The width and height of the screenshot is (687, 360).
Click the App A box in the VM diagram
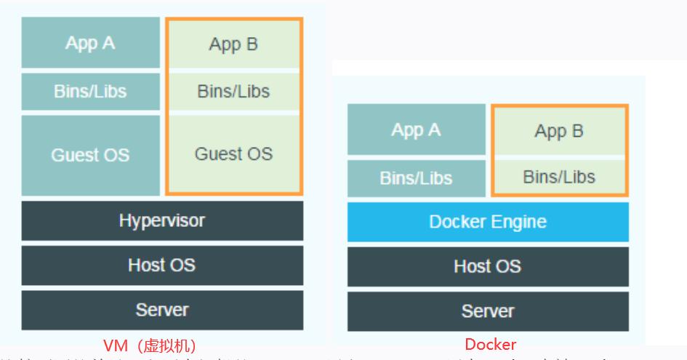[90, 43]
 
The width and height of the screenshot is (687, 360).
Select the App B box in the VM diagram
[233, 44]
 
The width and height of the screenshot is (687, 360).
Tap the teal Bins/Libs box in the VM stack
[90, 92]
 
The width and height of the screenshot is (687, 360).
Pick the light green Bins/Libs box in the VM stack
[233, 92]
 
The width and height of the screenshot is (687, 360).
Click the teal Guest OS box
[90, 155]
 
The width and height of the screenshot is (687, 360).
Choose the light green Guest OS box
[233, 154]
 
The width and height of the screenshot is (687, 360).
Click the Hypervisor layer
[162, 220]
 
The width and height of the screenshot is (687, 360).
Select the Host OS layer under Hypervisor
[162, 265]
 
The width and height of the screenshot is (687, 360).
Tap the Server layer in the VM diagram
[162, 311]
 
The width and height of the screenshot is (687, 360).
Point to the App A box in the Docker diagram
[416, 130]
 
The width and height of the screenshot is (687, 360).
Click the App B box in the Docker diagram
[559, 131]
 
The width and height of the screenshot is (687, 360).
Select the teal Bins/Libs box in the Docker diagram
[416, 178]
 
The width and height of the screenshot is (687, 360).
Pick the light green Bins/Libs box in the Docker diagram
[559, 177]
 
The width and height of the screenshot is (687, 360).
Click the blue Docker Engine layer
[488, 222]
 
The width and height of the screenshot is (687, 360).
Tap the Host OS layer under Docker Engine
[488, 266]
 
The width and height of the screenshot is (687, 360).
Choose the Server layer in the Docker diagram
[488, 312]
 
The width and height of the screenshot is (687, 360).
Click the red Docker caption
[491, 344]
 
